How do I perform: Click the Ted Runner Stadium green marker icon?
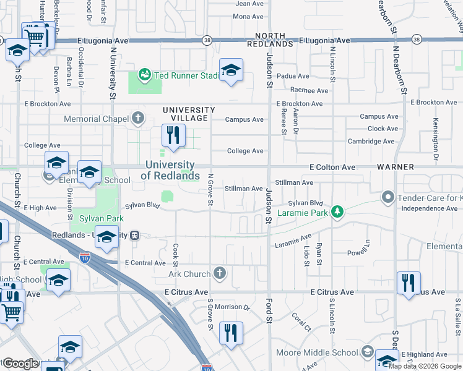click(x=145, y=75)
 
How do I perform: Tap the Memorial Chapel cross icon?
click(x=137, y=118)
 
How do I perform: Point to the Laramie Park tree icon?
click(x=337, y=213)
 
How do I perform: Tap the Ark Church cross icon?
click(x=219, y=273)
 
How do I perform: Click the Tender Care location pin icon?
click(x=388, y=197)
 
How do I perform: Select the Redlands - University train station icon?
click(x=133, y=235)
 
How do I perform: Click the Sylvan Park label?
click(x=102, y=218)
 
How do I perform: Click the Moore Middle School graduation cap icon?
click(x=367, y=352)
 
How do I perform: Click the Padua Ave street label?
click(x=293, y=77)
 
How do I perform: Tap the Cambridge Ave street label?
click(x=371, y=141)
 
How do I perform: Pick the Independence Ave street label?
click(x=429, y=209)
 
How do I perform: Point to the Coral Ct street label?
click(x=300, y=322)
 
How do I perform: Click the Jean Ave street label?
click(x=249, y=4)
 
